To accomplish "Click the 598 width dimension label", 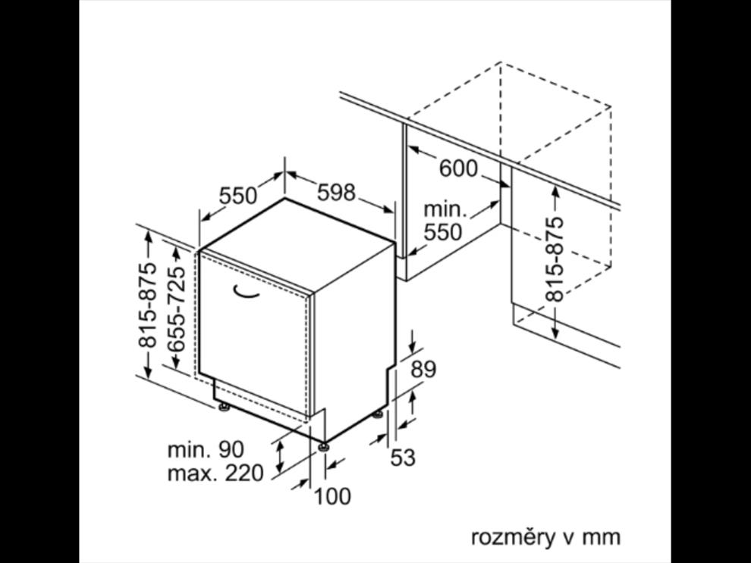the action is [x=336, y=192].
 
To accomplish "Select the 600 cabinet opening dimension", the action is [x=458, y=168].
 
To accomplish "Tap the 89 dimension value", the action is [x=423, y=370].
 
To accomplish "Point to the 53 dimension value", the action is [x=403, y=457].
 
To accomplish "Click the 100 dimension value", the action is [x=332, y=496].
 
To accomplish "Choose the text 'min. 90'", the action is [x=206, y=449].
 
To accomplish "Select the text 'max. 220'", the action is [x=215, y=473].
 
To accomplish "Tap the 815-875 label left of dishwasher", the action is [x=147, y=305].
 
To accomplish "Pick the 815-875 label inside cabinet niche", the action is [x=555, y=259].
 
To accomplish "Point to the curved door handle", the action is [x=246, y=291].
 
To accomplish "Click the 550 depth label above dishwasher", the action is [x=238, y=196].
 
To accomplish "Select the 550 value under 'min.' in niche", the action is [x=443, y=232].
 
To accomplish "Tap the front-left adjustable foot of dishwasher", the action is [x=223, y=407].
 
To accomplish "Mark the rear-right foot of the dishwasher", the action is [x=378, y=414].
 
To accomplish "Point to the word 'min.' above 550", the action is [x=445, y=209].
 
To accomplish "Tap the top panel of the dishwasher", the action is [x=297, y=244].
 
